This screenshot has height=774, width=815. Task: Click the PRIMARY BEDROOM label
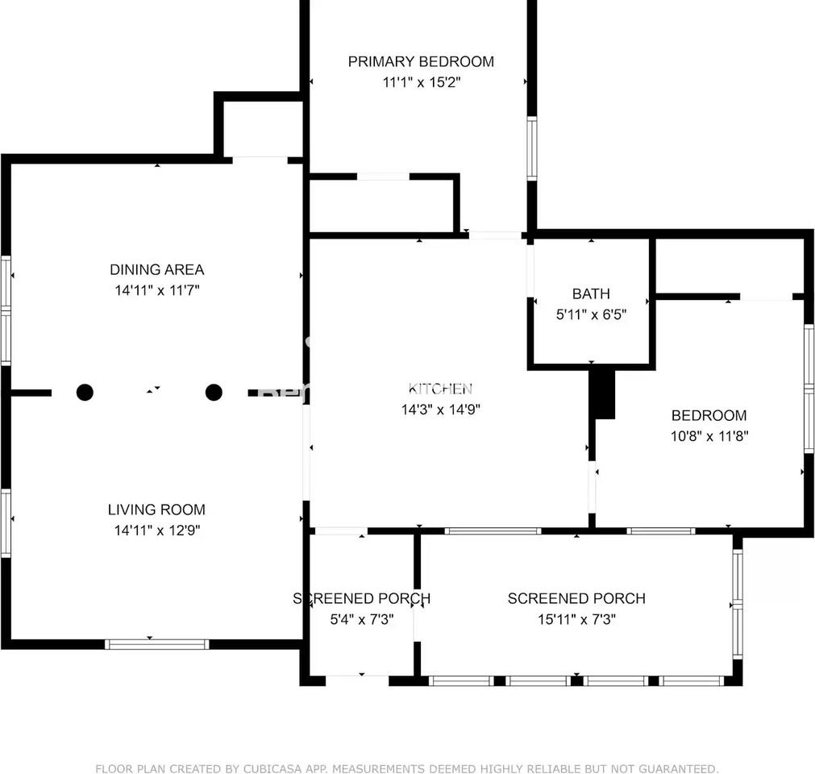click(421, 62)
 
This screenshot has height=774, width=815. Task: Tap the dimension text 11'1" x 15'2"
click(422, 82)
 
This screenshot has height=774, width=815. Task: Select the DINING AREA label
click(157, 270)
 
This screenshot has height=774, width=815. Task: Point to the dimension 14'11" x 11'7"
click(157, 290)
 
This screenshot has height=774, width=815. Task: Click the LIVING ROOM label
click(156, 510)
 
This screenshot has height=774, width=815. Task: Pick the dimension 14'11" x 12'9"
click(157, 531)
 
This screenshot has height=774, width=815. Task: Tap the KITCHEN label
click(440, 389)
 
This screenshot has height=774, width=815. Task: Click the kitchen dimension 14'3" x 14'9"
click(440, 410)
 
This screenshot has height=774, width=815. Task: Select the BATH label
click(591, 293)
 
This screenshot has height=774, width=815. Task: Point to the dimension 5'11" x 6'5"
click(591, 314)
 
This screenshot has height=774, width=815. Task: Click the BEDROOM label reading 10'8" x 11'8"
click(709, 415)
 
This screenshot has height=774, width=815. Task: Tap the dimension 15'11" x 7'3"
click(576, 619)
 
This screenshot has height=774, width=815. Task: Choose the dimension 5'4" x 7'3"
click(362, 619)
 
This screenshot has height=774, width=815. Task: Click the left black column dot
click(85, 393)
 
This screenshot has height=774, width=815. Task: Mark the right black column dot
click(214, 393)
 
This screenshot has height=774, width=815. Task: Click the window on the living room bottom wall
click(157, 644)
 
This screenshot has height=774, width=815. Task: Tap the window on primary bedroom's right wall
click(532, 148)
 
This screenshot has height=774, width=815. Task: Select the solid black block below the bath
click(602, 393)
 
